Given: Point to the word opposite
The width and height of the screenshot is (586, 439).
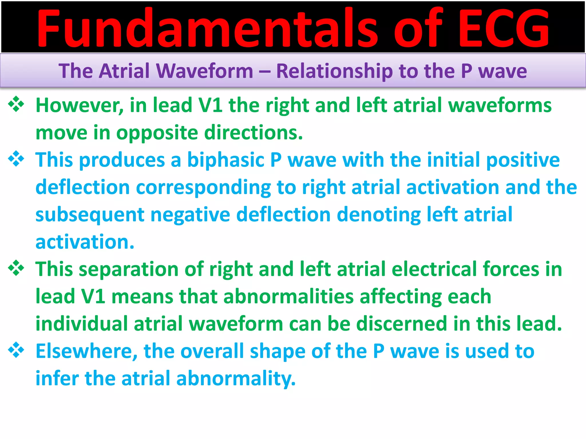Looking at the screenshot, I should (x=157, y=133).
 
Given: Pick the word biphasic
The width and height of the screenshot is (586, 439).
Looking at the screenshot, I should (x=225, y=160).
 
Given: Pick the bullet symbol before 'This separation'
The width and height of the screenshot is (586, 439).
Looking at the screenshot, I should (x=16, y=268).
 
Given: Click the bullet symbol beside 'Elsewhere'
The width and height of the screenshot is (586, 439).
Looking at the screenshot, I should (x=16, y=350).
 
